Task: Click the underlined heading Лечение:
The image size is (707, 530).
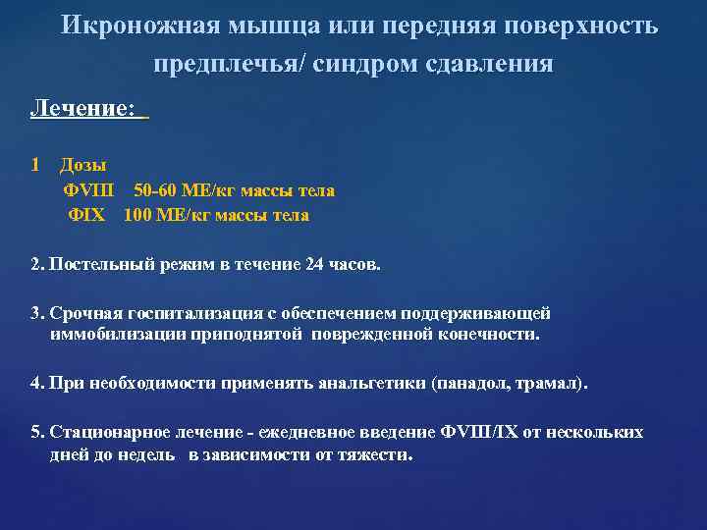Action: [83, 109]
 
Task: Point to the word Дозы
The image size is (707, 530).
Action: [83, 165]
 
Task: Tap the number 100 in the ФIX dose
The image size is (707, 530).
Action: [138, 215]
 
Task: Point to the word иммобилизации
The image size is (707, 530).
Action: [110, 335]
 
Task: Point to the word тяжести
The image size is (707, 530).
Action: [376, 454]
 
